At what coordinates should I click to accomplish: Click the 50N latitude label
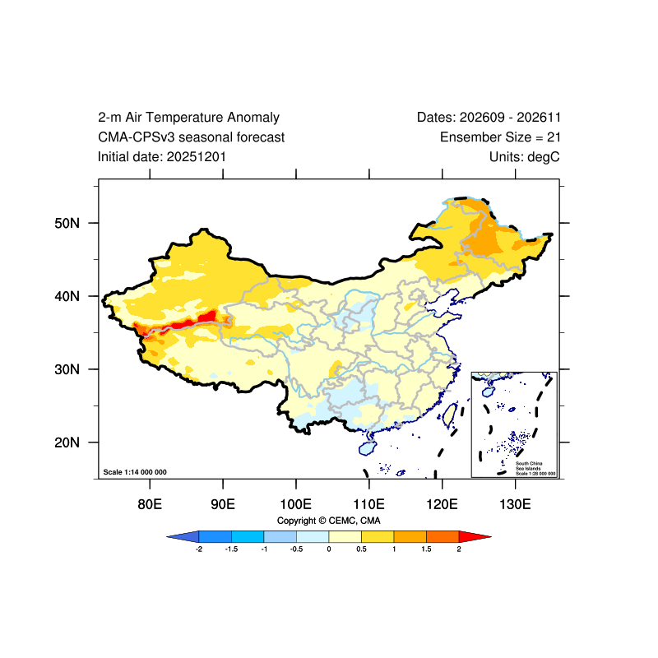pos(67,223)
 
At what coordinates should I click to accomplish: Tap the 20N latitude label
pos(67,443)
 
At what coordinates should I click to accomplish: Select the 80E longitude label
pos(150,504)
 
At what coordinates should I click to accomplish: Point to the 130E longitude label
pos(515,504)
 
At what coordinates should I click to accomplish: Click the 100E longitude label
pos(296,504)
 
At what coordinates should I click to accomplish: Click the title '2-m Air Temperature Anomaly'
pos(188,117)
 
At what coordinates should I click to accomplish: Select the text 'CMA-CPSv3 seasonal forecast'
pos(192,137)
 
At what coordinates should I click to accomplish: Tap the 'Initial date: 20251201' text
pos(162,157)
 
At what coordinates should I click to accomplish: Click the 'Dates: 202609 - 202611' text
pos(489,117)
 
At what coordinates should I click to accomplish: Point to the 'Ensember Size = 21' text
pos(500,137)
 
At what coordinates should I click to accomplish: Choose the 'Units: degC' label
pos(525,157)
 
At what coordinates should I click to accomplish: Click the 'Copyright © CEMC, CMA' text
pos(328,521)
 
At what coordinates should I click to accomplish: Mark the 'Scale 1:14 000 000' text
pos(135,472)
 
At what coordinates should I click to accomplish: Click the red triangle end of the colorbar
pos(475,536)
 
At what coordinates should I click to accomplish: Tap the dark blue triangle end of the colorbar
pos(183,536)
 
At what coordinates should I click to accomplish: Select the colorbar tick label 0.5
pos(361,549)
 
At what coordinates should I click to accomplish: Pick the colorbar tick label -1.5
pos(231,549)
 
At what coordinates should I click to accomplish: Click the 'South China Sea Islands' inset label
pos(529,466)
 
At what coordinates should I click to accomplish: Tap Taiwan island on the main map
pos(450,415)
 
